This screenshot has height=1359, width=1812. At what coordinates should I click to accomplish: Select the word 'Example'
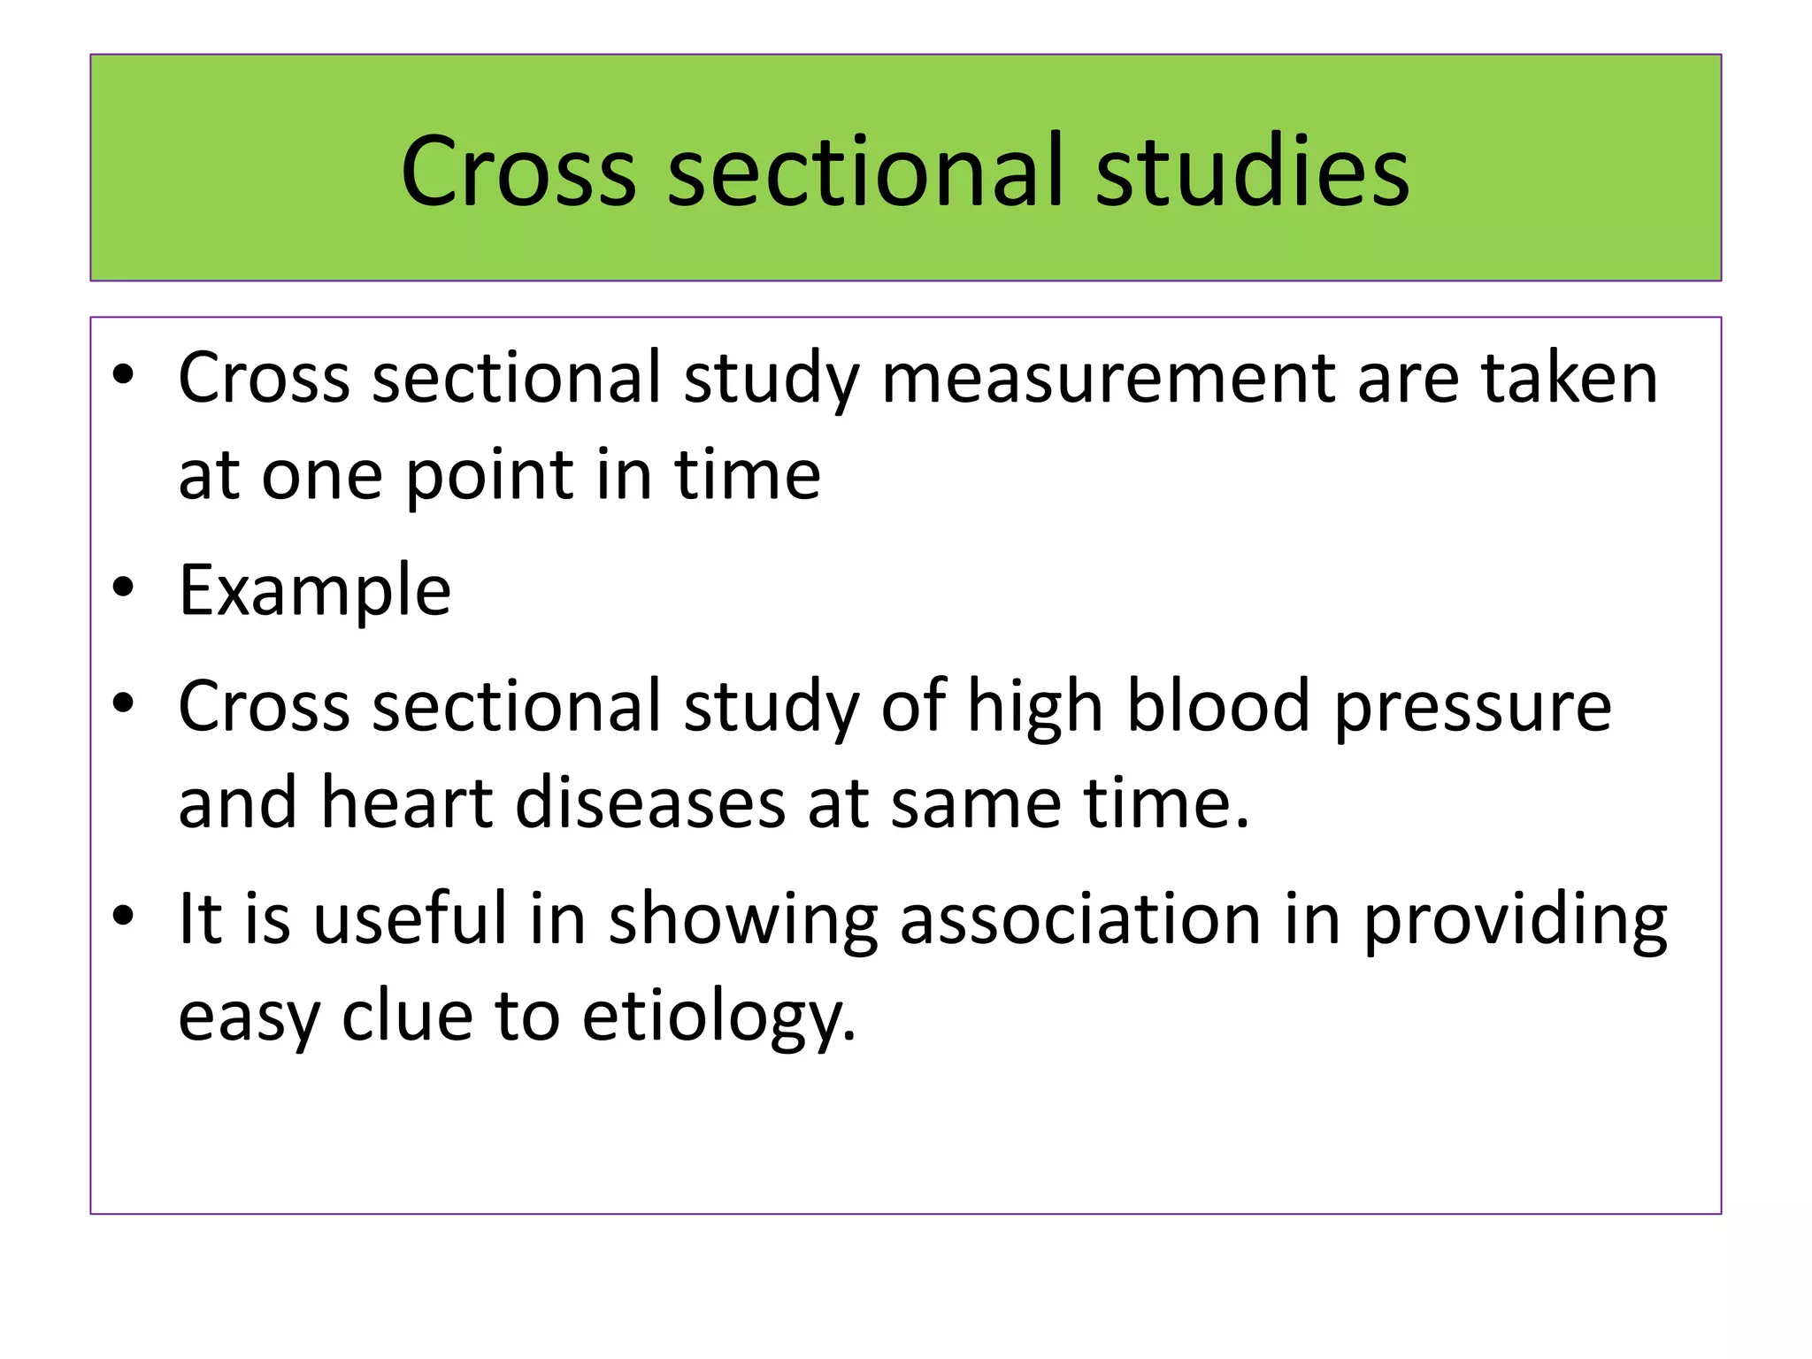point(314,590)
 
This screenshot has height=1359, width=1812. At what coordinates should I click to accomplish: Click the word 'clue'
point(407,1016)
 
